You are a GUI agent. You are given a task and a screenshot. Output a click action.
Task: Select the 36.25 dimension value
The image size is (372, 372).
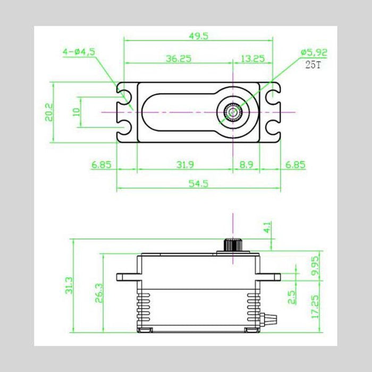coord(177,58)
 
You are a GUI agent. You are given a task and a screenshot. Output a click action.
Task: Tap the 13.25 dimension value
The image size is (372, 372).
coord(252,58)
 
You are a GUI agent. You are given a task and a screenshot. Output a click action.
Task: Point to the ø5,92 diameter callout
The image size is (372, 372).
coord(314,52)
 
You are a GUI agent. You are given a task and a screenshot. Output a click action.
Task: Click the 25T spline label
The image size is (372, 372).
coord(313,65)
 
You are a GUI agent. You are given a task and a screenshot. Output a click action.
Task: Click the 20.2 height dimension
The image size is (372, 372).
coord(48,112)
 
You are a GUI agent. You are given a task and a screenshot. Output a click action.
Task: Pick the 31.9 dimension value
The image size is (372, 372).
coord(184,165)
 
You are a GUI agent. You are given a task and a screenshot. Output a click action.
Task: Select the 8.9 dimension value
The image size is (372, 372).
coord(246,165)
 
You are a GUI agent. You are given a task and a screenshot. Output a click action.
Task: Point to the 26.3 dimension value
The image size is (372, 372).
coord(98,292)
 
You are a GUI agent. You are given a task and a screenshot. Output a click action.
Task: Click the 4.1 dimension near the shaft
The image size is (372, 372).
coord(267,227)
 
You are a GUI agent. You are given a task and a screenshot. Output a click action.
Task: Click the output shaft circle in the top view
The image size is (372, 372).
coord(233,112)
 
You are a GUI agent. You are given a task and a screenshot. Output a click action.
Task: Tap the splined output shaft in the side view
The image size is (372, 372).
coord(232,246)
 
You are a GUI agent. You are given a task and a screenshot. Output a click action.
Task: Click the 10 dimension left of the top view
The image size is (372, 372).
coord(76,112)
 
